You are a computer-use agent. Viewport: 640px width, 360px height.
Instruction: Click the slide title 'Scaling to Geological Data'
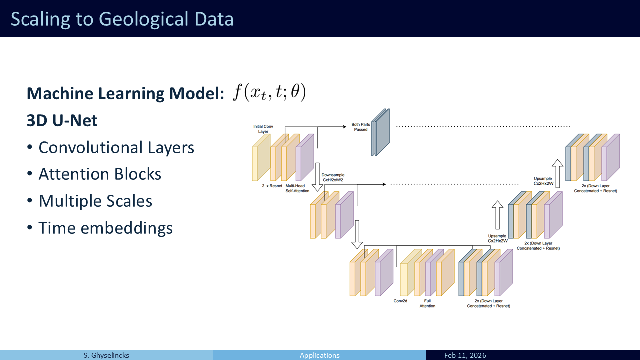pos(122,19)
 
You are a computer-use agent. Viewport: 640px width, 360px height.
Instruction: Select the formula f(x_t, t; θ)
pos(269,92)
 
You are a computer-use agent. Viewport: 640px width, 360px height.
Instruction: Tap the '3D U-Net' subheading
pos(62,120)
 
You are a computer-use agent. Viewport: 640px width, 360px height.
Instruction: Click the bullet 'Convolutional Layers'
pos(116,147)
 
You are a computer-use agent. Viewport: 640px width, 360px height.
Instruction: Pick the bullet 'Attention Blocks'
pos(100,174)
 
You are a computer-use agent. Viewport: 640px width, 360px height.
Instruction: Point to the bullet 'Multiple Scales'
pos(95,201)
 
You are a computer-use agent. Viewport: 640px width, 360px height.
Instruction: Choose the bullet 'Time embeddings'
pos(105,228)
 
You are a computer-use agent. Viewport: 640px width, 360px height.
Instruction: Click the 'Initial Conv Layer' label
pos(263,129)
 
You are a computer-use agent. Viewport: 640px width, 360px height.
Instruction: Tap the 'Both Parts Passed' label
pos(360,127)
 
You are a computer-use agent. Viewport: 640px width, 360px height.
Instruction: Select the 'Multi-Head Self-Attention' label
pos(297,188)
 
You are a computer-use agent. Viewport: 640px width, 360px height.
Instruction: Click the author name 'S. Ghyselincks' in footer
pos(106,355)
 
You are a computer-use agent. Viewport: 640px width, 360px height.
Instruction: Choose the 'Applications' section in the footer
pos(319,355)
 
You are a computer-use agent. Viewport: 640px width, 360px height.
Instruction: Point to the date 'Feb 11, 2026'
pos(465,355)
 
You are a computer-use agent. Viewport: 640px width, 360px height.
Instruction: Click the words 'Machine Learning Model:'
pos(125,93)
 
